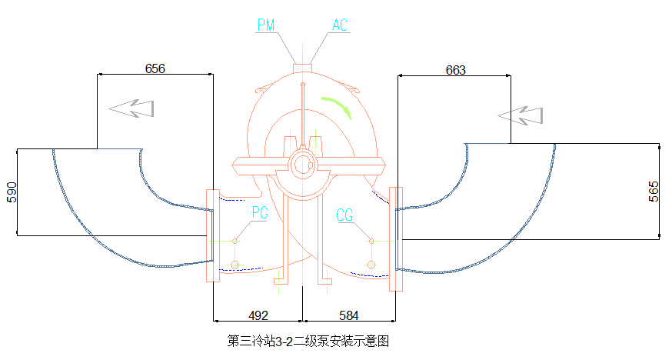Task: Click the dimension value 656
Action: [x=155, y=68]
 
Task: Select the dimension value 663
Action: [x=455, y=70]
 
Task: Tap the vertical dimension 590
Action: [x=11, y=192]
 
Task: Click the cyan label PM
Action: [x=266, y=25]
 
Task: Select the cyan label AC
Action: [x=340, y=25]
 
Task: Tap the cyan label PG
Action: [x=260, y=213]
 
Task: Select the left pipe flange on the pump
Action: [x=212, y=235]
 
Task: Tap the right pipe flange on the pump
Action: [x=396, y=238]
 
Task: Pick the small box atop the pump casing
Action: [x=302, y=60]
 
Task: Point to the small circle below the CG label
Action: [x=371, y=265]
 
